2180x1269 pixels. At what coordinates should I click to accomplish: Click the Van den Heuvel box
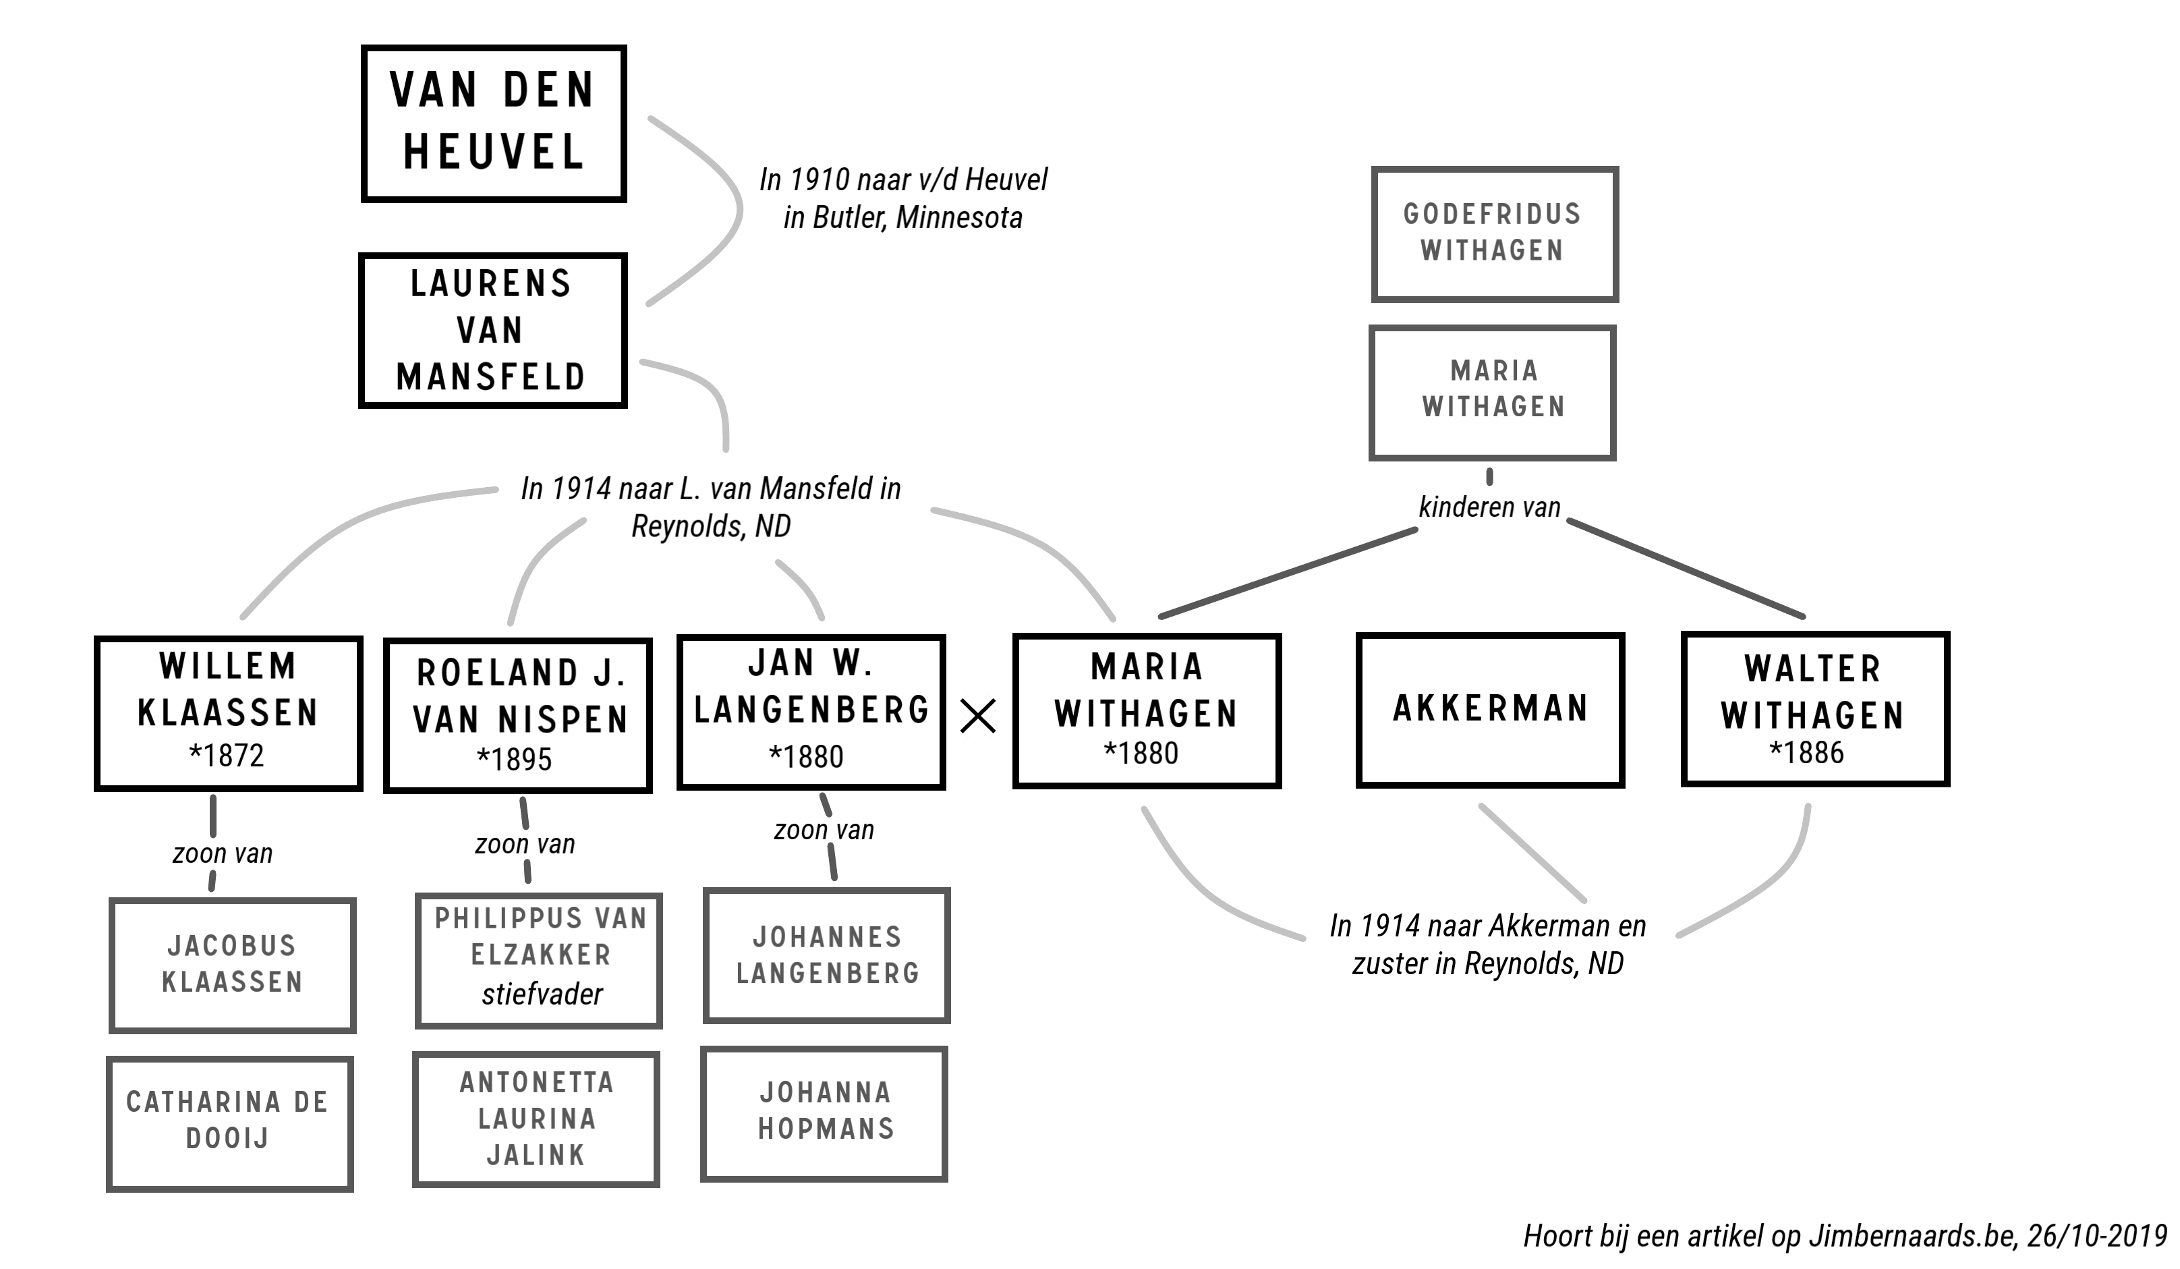point(493,123)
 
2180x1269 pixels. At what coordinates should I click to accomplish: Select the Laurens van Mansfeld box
point(492,330)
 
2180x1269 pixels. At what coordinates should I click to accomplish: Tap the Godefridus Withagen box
point(1494,233)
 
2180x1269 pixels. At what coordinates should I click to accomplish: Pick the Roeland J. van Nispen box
point(517,715)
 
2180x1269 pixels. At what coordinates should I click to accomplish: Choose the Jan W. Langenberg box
point(811,712)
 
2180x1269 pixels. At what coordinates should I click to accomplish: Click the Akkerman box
point(1490,709)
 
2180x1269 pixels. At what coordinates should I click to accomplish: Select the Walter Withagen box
point(1814,709)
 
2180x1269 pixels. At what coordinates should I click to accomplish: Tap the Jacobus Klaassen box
point(232,965)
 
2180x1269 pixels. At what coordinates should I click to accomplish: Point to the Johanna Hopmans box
point(824,1113)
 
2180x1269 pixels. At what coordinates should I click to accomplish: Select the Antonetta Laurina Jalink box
point(536,1119)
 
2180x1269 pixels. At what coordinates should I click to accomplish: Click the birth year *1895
point(515,760)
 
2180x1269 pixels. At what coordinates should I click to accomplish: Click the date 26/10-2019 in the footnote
point(2097,1235)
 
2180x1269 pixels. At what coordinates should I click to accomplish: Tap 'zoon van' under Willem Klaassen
point(223,854)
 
